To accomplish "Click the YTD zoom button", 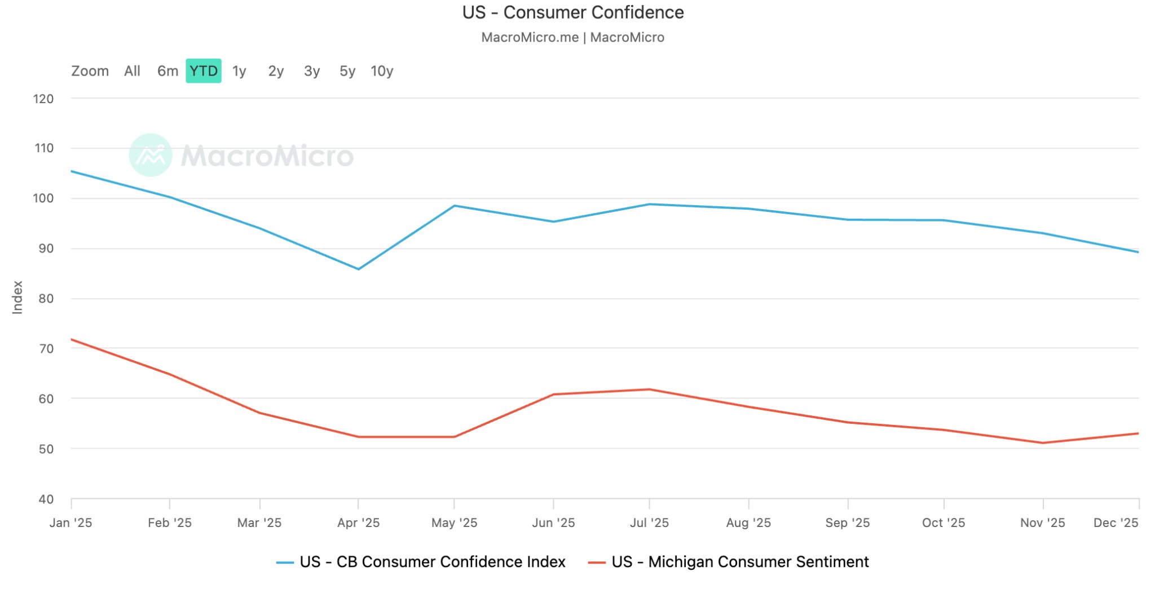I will click(203, 71).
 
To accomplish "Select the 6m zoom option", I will click(167, 71).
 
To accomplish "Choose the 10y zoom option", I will click(382, 71).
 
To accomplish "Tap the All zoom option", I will click(132, 71).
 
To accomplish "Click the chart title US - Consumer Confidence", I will click(572, 12).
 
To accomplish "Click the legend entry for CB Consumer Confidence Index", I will click(431, 562).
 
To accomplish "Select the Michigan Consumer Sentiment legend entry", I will click(739, 562).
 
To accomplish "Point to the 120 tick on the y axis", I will click(43, 99).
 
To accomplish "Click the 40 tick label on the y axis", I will click(46, 499).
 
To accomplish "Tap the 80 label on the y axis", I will click(46, 299).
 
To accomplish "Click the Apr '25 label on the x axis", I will click(358, 523).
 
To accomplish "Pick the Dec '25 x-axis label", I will click(1116, 523).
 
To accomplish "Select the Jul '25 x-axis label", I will click(649, 523).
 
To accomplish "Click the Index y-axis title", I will click(17, 297).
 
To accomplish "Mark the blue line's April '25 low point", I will click(358, 269).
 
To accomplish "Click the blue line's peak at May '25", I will click(455, 206).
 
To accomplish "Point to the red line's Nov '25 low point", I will click(1043, 443).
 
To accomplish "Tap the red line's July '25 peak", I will click(649, 389).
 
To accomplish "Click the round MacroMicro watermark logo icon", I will click(150, 155).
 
